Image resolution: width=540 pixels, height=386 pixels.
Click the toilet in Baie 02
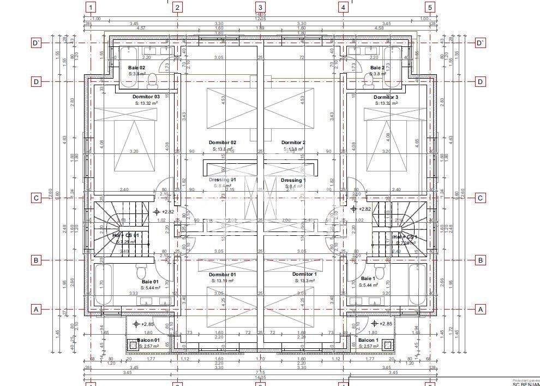[153, 81]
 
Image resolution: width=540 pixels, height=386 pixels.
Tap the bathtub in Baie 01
[102, 284]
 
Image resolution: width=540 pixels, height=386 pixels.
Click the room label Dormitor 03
[146, 97]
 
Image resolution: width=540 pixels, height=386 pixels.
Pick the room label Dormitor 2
[293, 142]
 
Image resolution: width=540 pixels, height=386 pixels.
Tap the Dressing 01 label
[223, 180]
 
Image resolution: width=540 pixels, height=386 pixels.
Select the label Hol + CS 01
[125, 235]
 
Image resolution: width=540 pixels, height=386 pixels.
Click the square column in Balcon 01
[133, 345]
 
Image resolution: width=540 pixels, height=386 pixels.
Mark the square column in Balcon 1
[388, 345]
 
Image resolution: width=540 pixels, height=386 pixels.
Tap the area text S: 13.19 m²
[223, 281]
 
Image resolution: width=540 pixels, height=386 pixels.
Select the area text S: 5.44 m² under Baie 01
[150, 288]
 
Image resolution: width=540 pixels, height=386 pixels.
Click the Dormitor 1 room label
[304, 274]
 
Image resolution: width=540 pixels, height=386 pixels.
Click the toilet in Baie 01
[141, 271]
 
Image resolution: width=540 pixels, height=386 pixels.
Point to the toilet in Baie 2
[368, 81]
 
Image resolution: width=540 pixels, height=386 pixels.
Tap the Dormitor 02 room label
[223, 142]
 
